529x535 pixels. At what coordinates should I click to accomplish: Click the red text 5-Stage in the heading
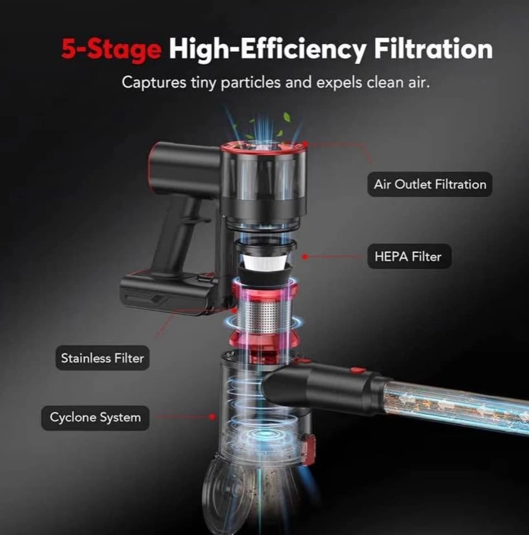(111, 50)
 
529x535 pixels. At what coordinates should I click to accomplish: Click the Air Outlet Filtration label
(430, 184)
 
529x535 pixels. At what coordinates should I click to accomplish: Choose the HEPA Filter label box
(409, 256)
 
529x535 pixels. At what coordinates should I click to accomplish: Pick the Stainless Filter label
(103, 358)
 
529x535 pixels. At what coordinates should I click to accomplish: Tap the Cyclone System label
(95, 417)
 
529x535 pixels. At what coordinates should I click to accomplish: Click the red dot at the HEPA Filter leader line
(305, 256)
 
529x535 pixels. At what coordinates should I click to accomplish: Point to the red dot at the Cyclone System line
(212, 417)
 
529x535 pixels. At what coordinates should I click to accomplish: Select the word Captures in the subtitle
(154, 83)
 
